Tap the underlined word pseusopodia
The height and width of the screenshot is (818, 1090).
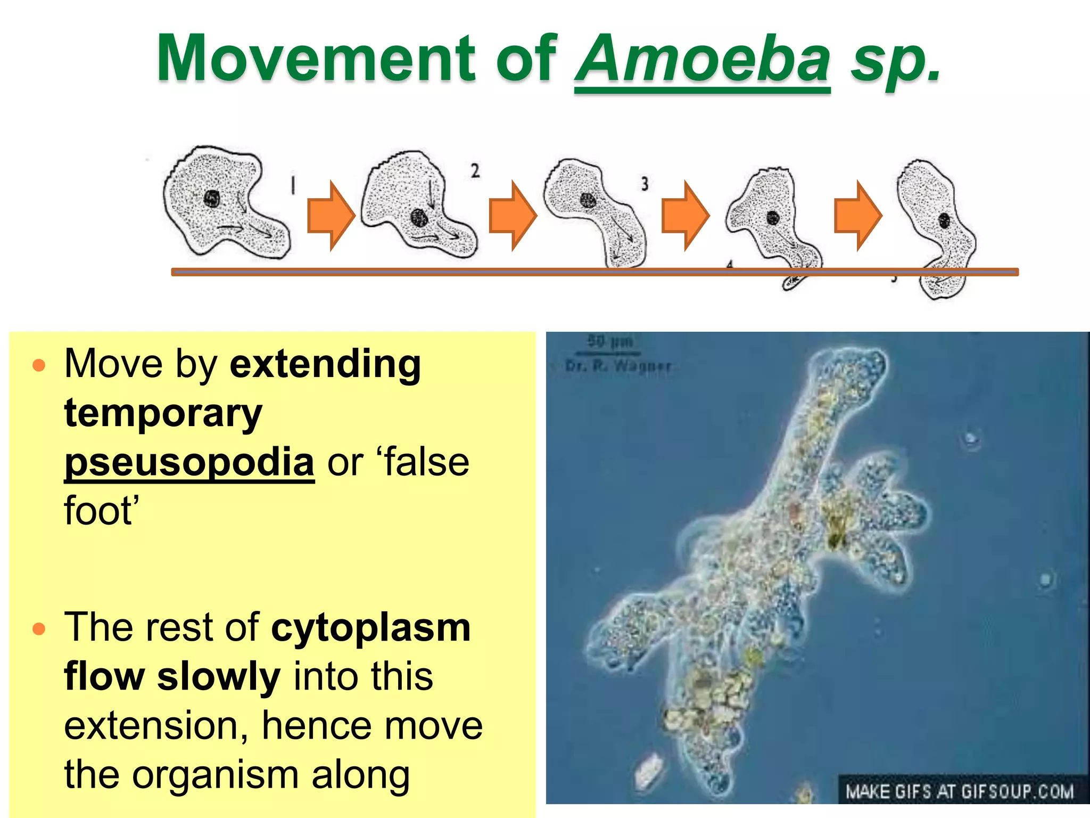pyautogui.click(x=189, y=462)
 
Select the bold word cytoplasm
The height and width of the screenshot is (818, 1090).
pyautogui.click(x=371, y=627)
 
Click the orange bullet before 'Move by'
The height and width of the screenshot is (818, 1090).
pyautogui.click(x=39, y=365)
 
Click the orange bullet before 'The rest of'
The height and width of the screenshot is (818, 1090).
pyautogui.click(x=39, y=629)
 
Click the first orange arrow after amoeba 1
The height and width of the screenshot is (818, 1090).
pyautogui.click(x=331, y=216)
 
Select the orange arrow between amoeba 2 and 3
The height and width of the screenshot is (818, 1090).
pyautogui.click(x=512, y=216)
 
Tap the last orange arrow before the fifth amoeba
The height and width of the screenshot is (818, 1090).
pyautogui.click(x=857, y=216)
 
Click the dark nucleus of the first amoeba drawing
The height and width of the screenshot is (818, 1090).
pyautogui.click(x=212, y=199)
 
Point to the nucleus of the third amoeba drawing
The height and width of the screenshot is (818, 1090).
pyautogui.click(x=588, y=200)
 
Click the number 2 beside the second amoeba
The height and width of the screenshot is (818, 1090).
pyautogui.click(x=475, y=170)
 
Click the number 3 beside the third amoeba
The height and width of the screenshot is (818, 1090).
pyautogui.click(x=645, y=184)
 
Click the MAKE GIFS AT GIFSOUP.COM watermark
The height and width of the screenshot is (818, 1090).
pyautogui.click(x=960, y=791)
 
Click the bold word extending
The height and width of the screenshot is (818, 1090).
pyautogui.click(x=325, y=364)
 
